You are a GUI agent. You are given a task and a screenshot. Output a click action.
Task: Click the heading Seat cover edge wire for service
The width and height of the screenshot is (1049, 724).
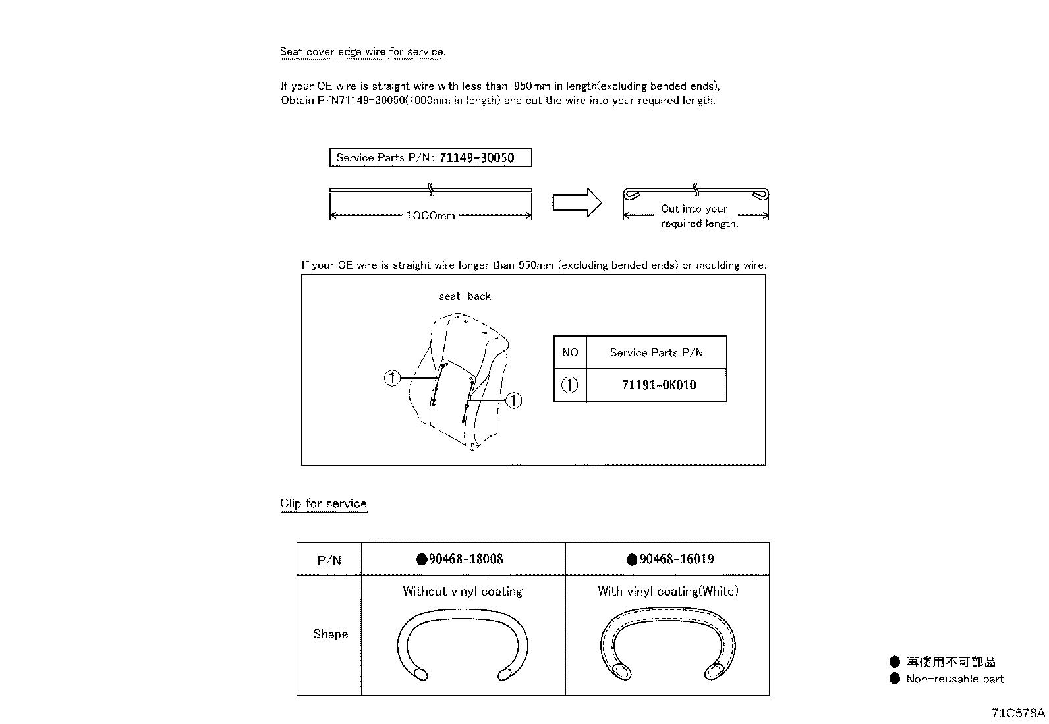pos(362,52)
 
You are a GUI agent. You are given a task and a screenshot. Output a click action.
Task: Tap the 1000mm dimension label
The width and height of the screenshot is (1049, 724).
pos(430,216)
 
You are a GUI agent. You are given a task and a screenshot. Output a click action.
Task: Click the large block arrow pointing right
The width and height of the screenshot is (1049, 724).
pos(577,202)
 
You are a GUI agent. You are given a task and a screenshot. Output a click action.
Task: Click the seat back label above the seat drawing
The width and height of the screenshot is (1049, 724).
pos(465,296)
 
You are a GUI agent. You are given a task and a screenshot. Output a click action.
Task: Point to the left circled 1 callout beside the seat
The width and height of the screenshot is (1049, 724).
pos(392,378)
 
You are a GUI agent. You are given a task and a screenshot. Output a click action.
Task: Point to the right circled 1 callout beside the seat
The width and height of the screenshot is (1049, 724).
pos(513,400)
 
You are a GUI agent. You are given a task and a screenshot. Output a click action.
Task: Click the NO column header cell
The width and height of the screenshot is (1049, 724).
pos(570,352)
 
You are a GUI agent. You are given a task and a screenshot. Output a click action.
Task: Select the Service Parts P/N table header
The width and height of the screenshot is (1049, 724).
pos(656,352)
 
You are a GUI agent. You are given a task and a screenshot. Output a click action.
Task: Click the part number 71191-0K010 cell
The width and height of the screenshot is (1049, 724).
pos(658,385)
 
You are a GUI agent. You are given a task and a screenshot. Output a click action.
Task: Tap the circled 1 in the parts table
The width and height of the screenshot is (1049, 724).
pos(570,385)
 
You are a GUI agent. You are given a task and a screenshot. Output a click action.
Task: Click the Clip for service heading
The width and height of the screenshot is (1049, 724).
pos(324,504)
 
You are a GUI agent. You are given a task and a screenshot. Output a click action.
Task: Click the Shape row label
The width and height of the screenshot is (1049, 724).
pos(330,634)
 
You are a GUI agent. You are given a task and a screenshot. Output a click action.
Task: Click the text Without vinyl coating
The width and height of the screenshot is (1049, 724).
pos(463,592)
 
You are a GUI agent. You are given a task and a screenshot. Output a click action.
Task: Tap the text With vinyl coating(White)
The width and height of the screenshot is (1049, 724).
pos(667,592)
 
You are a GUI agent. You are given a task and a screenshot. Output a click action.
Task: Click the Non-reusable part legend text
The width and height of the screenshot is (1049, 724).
pos(954,679)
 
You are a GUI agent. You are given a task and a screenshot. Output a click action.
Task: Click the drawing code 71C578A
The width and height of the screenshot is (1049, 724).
pos(1018,713)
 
